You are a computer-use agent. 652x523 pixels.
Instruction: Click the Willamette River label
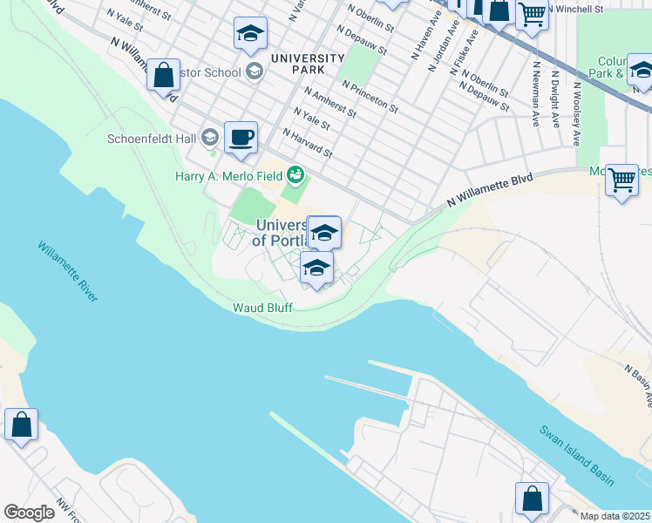pyautogui.click(x=67, y=271)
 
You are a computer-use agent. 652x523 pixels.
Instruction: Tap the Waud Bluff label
pyautogui.click(x=261, y=308)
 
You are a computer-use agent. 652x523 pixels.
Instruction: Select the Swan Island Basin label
pyautogui.click(x=576, y=456)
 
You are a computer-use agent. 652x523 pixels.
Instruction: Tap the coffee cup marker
pyautogui.click(x=241, y=138)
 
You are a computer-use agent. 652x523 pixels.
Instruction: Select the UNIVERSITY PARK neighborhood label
pyautogui.click(x=308, y=64)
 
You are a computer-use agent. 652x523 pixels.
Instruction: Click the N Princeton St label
pyautogui.click(x=370, y=98)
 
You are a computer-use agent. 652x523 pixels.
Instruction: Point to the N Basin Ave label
pyautogui.click(x=637, y=386)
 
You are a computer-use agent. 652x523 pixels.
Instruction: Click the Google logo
pyautogui.click(x=29, y=513)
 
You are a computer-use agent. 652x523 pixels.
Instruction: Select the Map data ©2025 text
pyautogui.click(x=615, y=516)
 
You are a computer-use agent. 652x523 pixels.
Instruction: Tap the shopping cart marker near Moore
pyautogui.click(x=621, y=180)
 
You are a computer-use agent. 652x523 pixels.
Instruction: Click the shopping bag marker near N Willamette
pyautogui.click(x=163, y=75)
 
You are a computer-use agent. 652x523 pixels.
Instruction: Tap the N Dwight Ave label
pyautogui.click(x=555, y=105)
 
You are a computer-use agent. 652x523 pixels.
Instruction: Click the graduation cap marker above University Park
pyautogui.click(x=250, y=34)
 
